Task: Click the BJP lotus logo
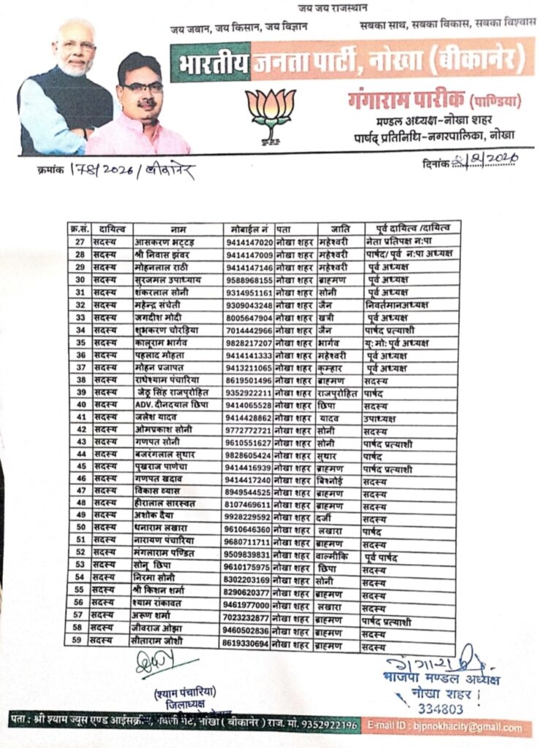click(x=270, y=110)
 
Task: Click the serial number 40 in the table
click(x=81, y=405)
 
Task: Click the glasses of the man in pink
click(x=142, y=87)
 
